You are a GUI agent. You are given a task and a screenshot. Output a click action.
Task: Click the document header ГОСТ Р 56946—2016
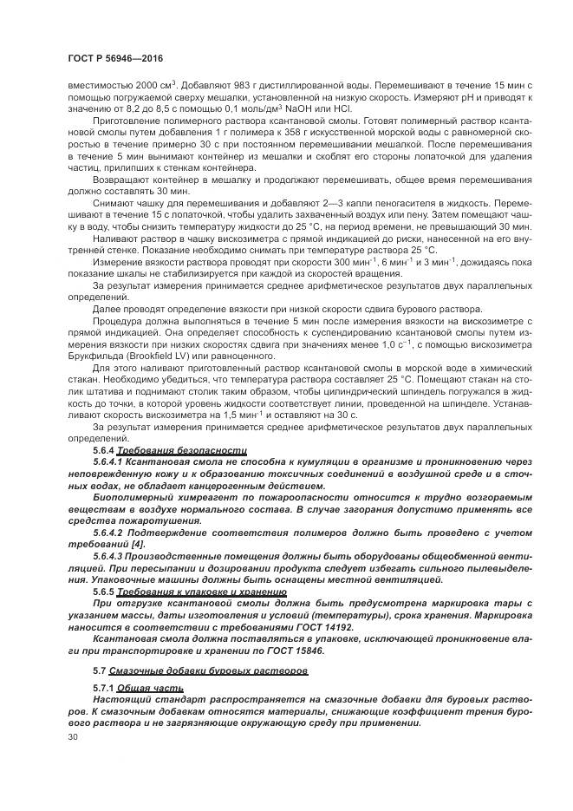(115, 58)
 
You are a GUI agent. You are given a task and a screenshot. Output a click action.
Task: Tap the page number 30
(73, 736)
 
